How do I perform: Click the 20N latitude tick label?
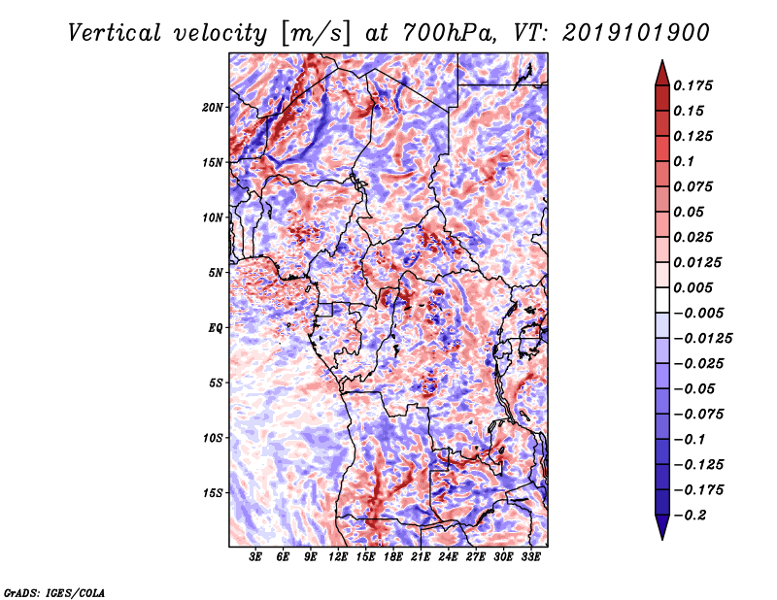click(213, 108)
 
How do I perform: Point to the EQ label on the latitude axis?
click(215, 328)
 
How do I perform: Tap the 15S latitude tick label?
click(213, 493)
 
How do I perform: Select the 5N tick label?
click(216, 273)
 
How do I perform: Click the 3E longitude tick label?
click(255, 557)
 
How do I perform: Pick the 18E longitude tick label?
click(393, 557)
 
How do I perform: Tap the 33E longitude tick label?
click(531, 557)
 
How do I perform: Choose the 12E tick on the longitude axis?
click(338, 557)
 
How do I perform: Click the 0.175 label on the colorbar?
click(693, 85)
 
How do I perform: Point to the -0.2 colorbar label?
click(690, 516)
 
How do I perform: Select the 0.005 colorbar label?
click(693, 287)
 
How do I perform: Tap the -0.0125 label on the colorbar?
click(702, 339)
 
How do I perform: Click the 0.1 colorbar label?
click(684, 161)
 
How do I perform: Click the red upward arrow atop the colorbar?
click(662, 74)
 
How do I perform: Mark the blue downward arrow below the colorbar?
click(662, 527)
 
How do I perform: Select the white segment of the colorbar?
click(662, 300)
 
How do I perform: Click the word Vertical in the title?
click(115, 33)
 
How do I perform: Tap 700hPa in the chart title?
click(448, 33)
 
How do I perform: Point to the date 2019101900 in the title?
click(636, 33)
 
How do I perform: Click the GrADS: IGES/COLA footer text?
click(54, 592)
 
